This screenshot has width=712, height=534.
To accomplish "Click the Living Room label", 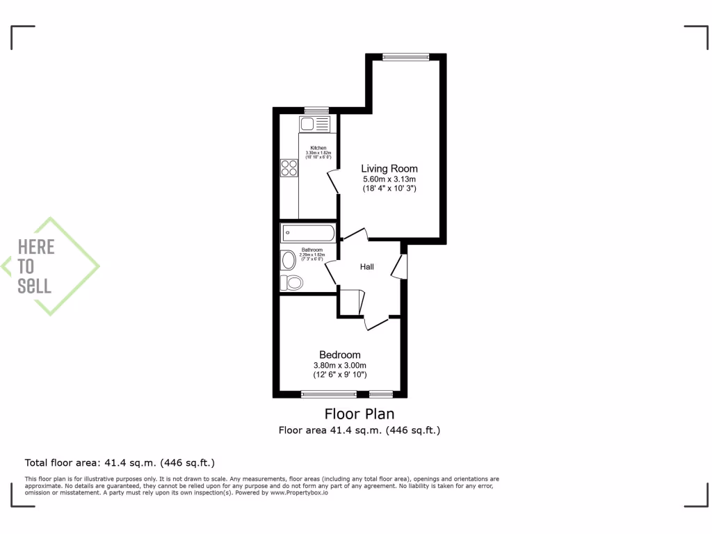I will click(389, 168).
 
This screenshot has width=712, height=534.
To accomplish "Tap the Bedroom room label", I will click(340, 355).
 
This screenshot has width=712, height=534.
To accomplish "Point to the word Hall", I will click(367, 266).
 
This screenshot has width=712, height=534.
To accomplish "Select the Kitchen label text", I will click(318, 148).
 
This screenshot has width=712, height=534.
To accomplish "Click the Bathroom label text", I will click(311, 250).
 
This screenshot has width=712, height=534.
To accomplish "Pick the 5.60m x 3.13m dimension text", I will click(389, 179).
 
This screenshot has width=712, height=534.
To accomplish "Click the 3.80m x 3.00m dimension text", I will click(340, 366).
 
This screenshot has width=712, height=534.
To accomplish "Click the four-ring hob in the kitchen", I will click(289, 168).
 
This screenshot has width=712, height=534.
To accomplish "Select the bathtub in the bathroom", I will click(308, 232).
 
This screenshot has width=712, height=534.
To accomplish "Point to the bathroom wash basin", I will click(288, 260).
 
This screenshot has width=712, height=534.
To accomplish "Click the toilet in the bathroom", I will click(293, 282).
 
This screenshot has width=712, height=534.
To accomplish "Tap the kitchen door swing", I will click(332, 181).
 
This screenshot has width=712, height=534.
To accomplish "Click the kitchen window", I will click(316, 110).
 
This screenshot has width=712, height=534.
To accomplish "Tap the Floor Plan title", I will click(359, 414).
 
